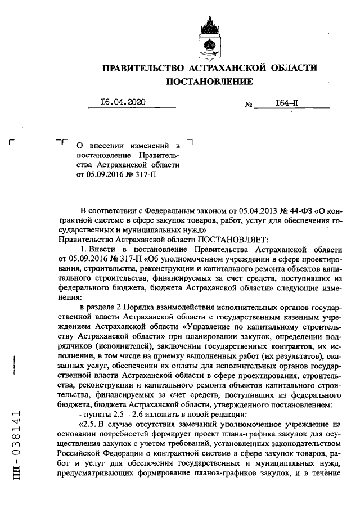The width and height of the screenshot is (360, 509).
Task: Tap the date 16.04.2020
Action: click(x=123, y=102)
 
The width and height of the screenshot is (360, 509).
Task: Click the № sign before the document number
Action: click(x=248, y=105)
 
